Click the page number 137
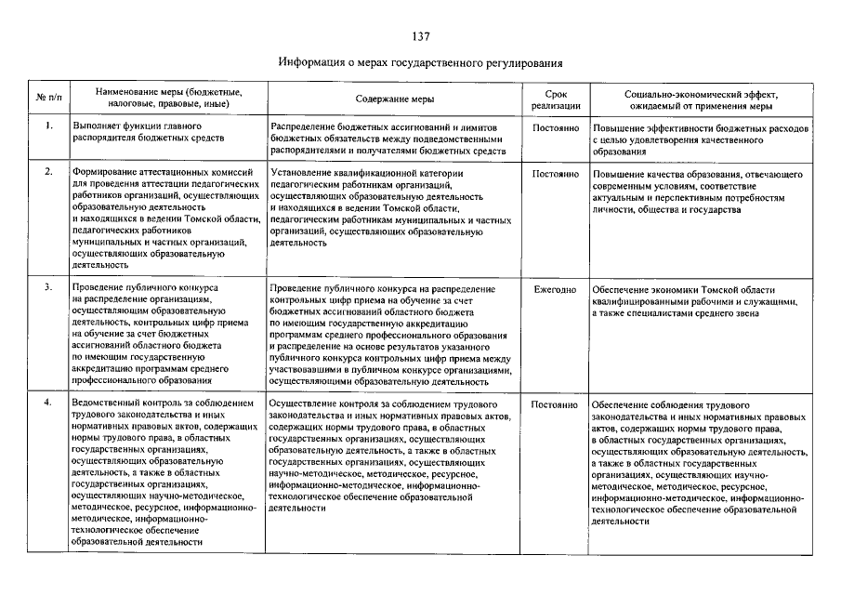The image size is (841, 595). click(420, 36)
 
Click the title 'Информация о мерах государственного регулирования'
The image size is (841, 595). click(420, 63)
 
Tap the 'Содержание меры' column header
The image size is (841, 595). click(394, 99)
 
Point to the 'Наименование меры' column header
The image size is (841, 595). click(162, 99)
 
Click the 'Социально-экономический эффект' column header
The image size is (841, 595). click(701, 99)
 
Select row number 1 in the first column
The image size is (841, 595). click(47, 126)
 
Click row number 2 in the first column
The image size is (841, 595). click(47, 173)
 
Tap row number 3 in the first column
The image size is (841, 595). click(47, 288)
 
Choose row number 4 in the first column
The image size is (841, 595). click(47, 404)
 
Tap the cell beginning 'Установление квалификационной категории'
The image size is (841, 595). click(390, 207)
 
